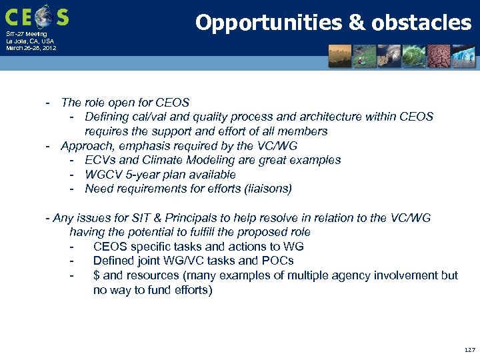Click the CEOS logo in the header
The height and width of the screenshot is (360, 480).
point(37,15)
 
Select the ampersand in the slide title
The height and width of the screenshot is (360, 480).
point(357,23)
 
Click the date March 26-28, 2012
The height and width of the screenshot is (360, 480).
point(31,48)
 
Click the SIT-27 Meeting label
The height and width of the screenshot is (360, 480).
point(27,34)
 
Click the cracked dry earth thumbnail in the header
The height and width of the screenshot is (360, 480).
point(439,57)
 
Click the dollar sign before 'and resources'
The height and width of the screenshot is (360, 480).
point(97,275)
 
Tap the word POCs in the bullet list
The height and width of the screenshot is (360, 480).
point(278,261)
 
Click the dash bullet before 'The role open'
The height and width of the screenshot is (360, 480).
point(48,103)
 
